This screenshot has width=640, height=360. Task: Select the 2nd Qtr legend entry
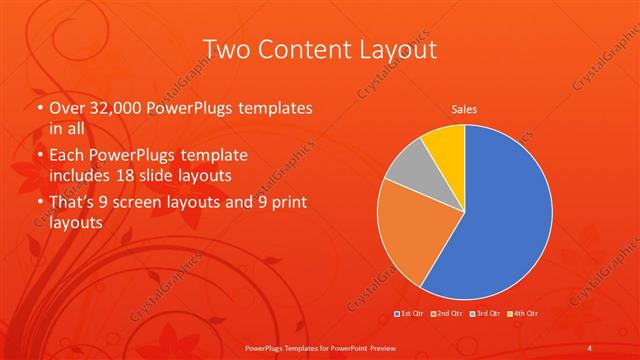pyautogui.click(x=447, y=315)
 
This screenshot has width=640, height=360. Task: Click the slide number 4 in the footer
pyautogui.click(x=590, y=346)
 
